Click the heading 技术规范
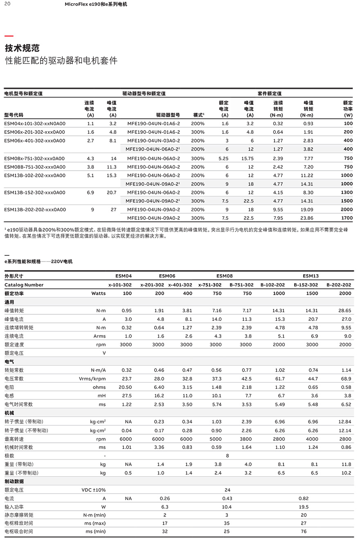pyautogui.click(x=22, y=48)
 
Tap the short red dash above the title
pyautogui.click(x=9, y=36)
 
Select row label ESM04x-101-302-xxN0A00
pyautogui.click(x=35, y=124)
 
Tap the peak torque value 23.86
pyautogui.click(x=307, y=218)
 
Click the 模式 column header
pyautogui.click(x=198, y=115)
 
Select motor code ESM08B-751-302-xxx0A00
pyautogui.click(x=35, y=167)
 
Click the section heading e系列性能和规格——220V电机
pyautogui.click(x=38, y=261)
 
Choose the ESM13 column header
pyautogui.click(x=310, y=276)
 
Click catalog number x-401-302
pyautogui.click(x=180, y=285)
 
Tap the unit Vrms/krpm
pyautogui.click(x=92, y=379)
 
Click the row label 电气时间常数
pyautogui.click(x=19, y=404)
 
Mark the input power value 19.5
pyautogui.click(x=304, y=507)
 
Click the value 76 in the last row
pyautogui.click(x=304, y=532)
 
